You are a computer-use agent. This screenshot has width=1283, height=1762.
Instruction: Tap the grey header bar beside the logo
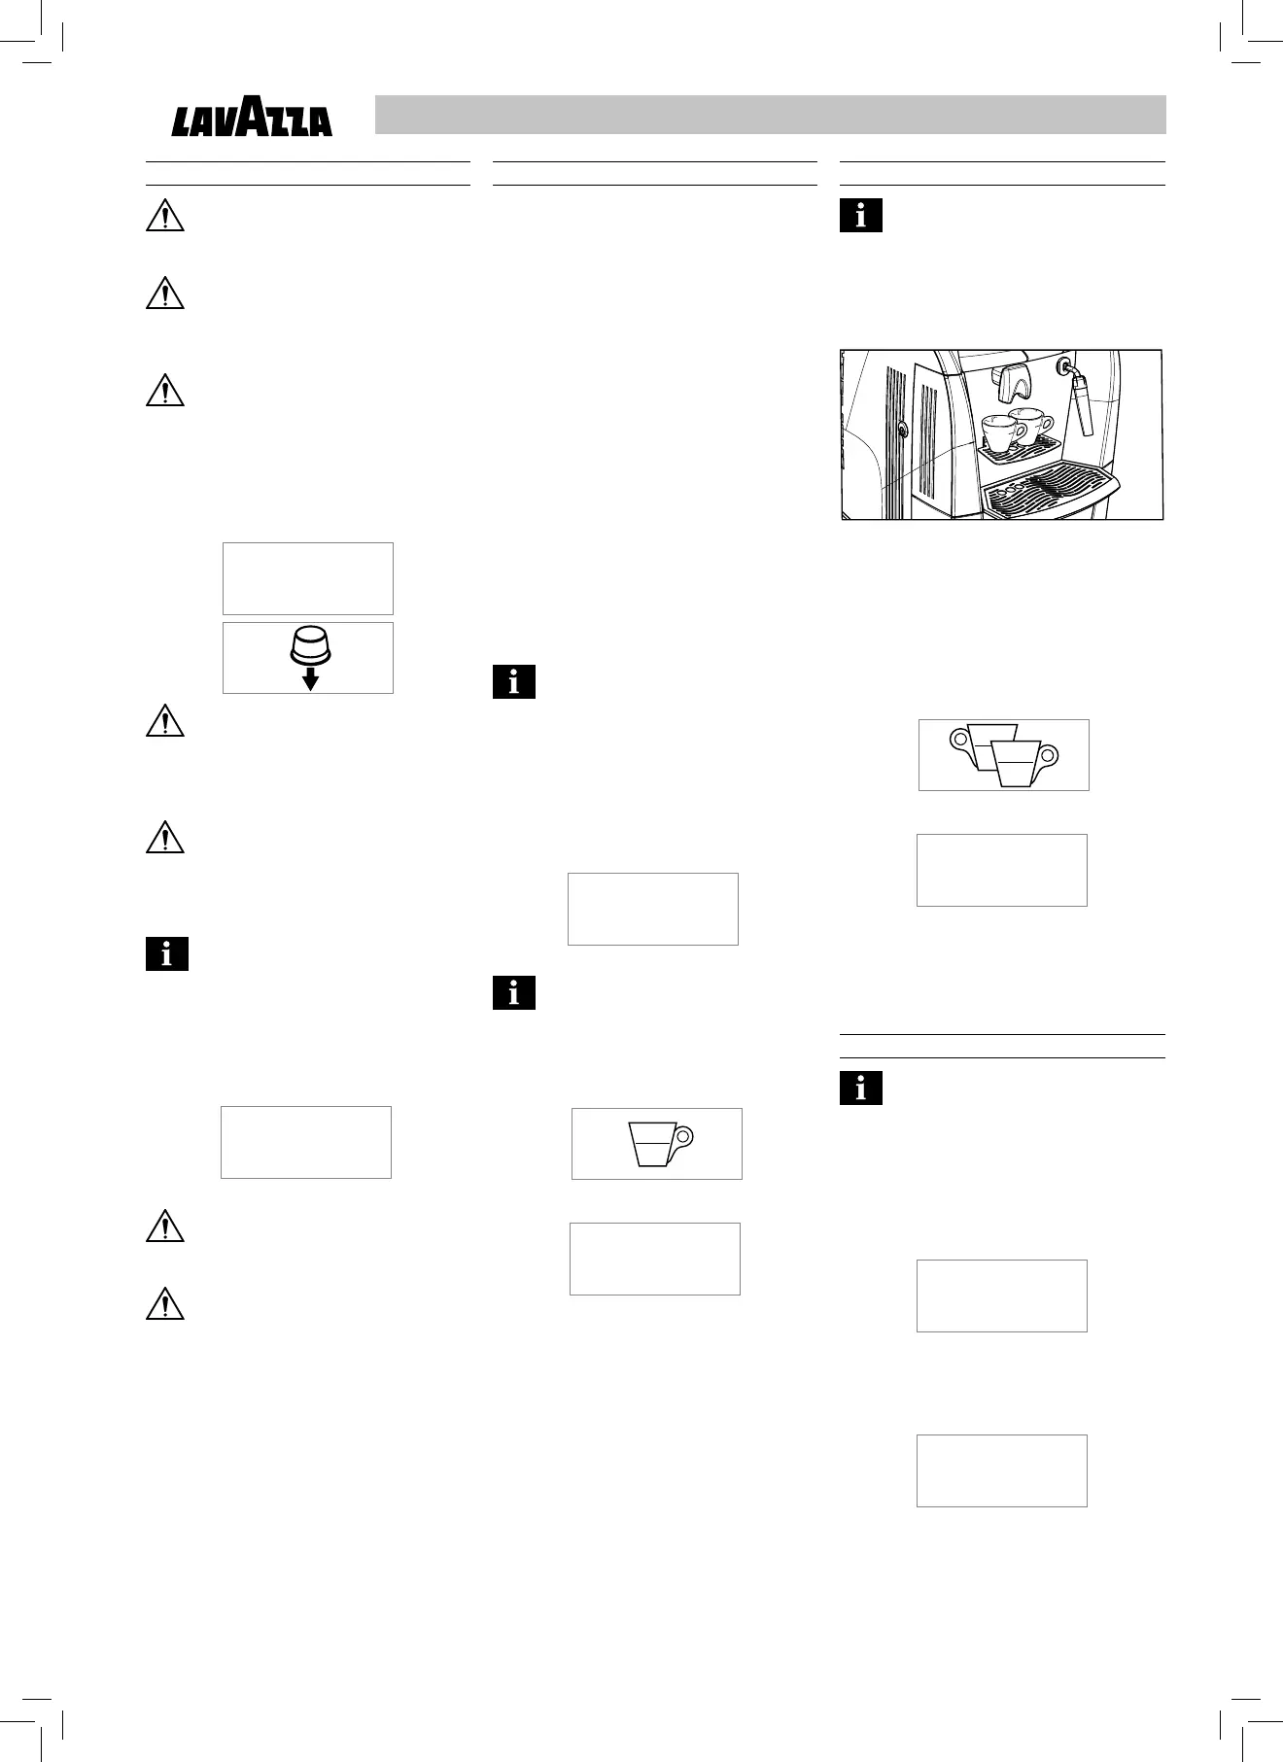(x=770, y=115)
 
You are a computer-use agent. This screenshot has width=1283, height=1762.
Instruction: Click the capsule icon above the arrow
(x=309, y=644)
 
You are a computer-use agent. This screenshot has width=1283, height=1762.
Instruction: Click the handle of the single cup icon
(x=684, y=1136)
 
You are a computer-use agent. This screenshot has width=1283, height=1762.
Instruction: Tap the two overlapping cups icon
(x=1003, y=755)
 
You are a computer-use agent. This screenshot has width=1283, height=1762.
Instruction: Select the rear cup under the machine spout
(x=1032, y=422)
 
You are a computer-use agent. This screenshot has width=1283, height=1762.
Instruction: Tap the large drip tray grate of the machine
(x=1045, y=492)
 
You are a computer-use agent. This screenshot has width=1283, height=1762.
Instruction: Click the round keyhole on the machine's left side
(x=901, y=429)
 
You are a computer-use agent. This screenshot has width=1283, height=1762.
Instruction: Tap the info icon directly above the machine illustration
(x=860, y=216)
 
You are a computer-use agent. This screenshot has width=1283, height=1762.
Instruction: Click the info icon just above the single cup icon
(x=514, y=993)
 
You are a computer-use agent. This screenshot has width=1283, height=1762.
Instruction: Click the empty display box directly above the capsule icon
(x=308, y=578)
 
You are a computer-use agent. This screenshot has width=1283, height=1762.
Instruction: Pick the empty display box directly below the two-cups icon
(x=1002, y=870)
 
